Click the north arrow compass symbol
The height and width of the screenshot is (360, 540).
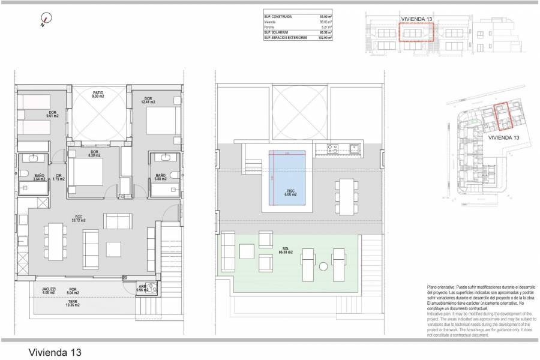click(x=42, y=22)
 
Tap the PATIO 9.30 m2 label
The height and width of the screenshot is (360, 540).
click(x=98, y=94)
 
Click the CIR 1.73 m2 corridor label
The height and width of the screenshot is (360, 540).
click(x=58, y=177)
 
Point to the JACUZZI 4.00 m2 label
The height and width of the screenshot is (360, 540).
click(x=49, y=291)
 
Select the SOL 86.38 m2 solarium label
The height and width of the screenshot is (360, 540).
click(x=284, y=251)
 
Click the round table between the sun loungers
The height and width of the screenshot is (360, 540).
click(x=323, y=267)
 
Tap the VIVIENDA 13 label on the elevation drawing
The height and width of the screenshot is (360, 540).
click(x=417, y=19)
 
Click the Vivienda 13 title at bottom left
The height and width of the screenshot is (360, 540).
click(x=54, y=351)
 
